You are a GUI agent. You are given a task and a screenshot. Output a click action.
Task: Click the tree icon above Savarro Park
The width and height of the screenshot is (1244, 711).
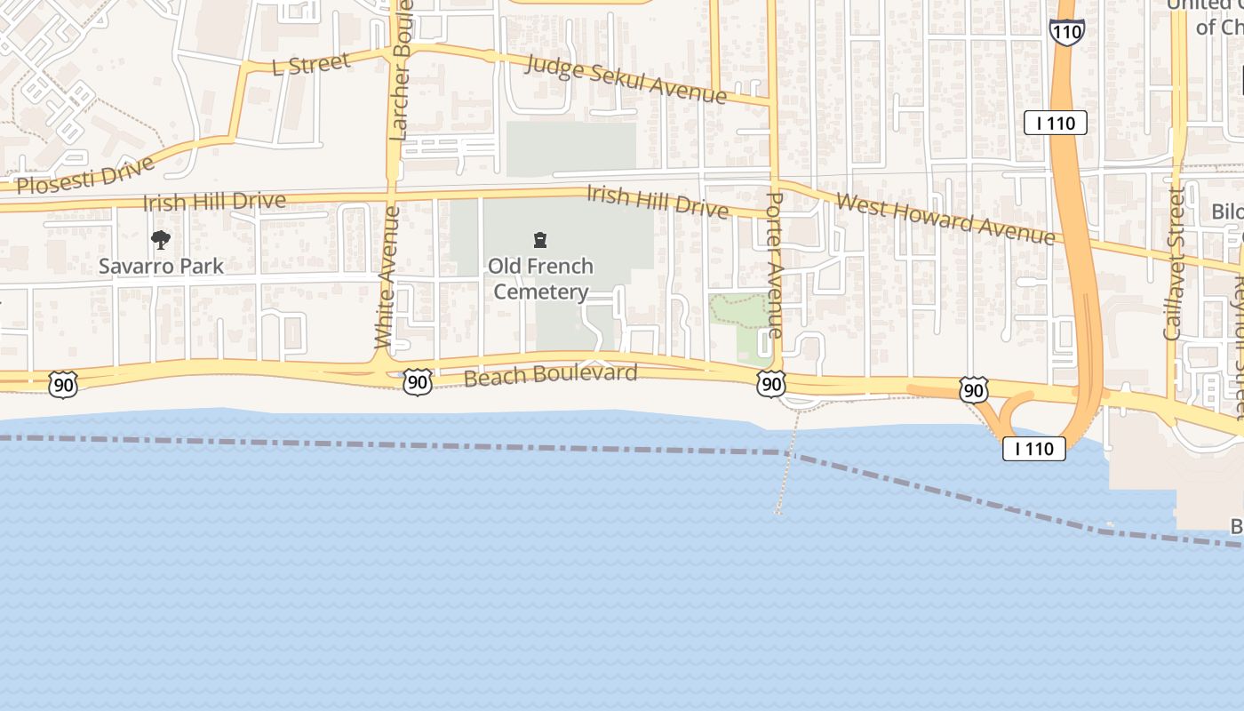pyautogui.click(x=161, y=239)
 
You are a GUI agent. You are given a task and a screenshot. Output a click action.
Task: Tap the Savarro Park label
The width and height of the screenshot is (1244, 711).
pyautogui.click(x=161, y=266)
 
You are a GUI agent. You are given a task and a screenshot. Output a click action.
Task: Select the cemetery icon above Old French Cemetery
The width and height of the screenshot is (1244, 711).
pyautogui.click(x=539, y=240)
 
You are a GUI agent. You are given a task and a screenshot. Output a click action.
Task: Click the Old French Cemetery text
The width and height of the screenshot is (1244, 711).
pyautogui.click(x=540, y=279)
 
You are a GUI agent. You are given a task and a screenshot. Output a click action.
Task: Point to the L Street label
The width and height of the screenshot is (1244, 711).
pyautogui.click(x=311, y=64)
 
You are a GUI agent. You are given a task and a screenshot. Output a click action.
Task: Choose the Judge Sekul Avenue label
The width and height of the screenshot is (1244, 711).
pyautogui.click(x=626, y=78)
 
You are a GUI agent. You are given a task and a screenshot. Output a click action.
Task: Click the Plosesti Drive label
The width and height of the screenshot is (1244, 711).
pyautogui.click(x=85, y=175)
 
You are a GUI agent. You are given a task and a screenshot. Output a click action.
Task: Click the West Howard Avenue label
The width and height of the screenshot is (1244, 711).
pyautogui.click(x=945, y=220)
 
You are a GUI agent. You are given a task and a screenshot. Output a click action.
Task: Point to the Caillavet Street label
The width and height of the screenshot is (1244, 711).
pyautogui.click(x=1174, y=264)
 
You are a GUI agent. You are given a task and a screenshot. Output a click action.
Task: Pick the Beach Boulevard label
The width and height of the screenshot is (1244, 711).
pyautogui.click(x=551, y=375)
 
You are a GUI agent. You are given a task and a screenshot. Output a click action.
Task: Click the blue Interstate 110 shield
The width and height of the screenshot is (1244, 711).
pyautogui.click(x=1066, y=31)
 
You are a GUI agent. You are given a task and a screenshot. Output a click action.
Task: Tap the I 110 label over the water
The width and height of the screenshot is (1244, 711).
pyautogui.click(x=1034, y=449)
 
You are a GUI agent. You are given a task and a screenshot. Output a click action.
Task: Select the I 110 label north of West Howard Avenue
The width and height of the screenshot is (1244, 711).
pyautogui.click(x=1056, y=123)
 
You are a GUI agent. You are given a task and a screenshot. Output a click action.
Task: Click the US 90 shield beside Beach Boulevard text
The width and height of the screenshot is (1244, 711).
pyautogui.click(x=417, y=382)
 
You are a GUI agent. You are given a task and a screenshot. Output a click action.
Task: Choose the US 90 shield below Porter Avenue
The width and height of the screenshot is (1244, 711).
pyautogui.click(x=770, y=384)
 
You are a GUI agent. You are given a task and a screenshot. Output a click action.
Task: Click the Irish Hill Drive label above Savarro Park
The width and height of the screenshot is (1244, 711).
pyautogui.click(x=214, y=202)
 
